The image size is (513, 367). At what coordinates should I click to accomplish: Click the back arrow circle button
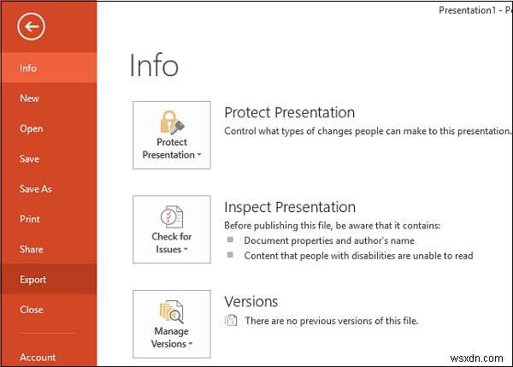(x=32, y=28)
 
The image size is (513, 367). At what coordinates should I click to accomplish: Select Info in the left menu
(x=28, y=68)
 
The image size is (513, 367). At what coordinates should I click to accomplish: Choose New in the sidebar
(x=30, y=98)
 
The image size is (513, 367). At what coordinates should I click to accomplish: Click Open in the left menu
(x=31, y=128)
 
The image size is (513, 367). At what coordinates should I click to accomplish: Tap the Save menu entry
(x=30, y=159)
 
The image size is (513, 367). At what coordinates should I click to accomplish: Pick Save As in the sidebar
(x=36, y=189)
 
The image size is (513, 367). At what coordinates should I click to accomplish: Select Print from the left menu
(x=30, y=219)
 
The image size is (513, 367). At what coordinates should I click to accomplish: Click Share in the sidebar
(x=31, y=249)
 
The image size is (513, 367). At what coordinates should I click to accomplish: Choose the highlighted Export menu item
(x=33, y=280)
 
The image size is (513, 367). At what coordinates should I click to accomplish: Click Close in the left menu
(x=31, y=310)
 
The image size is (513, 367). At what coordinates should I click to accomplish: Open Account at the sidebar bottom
(x=38, y=358)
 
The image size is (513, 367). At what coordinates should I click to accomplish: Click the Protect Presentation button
(x=172, y=135)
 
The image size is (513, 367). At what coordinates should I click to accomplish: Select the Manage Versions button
(x=172, y=323)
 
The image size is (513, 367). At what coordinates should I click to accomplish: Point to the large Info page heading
(x=154, y=66)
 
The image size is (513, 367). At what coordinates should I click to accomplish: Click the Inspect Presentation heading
(x=289, y=207)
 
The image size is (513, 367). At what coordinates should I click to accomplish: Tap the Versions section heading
(x=251, y=301)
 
